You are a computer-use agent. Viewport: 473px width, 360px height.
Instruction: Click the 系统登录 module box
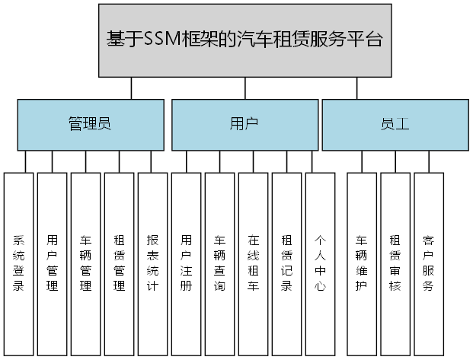tap(19, 263)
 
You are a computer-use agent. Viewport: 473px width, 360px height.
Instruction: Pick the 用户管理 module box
tap(52, 263)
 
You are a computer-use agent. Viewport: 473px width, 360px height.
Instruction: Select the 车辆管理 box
tap(85, 263)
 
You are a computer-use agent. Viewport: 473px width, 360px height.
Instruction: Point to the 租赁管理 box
tap(119, 263)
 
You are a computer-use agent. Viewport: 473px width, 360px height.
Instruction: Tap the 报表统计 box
tap(152, 263)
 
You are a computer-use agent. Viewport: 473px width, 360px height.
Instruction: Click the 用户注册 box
tap(186, 263)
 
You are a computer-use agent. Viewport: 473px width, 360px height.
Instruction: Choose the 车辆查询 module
tap(219, 263)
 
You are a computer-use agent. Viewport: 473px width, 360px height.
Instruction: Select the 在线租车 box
tap(253, 263)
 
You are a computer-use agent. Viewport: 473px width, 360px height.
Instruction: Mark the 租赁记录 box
tap(286, 263)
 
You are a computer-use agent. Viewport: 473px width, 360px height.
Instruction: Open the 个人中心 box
tap(320, 263)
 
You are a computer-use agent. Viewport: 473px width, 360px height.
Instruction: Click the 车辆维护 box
tap(362, 263)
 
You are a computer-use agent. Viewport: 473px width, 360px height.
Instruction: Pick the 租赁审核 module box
tap(395, 263)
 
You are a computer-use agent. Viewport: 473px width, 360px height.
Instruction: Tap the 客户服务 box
tap(429, 263)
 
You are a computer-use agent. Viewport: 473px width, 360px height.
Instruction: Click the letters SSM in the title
tap(159, 40)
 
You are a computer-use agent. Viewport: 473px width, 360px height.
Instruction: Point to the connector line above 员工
tap(356, 88)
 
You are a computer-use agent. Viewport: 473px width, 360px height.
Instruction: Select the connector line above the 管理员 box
tap(132, 88)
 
